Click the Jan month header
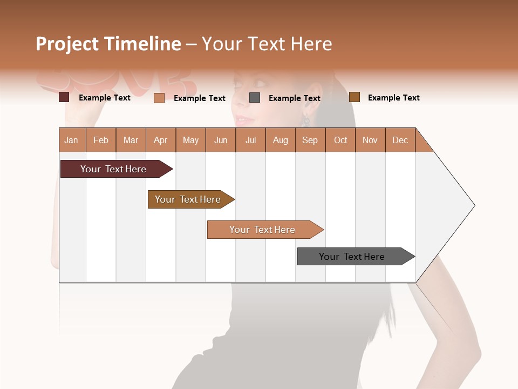72,140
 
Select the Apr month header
161,140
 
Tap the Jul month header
250,140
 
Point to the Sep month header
310,140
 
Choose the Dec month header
400,140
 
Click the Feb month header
101,140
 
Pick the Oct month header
340,140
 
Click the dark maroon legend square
64,97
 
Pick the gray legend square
255,97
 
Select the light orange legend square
159,98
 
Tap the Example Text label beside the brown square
393,97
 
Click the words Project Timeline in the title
108,44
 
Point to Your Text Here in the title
267,44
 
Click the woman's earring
305,120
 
